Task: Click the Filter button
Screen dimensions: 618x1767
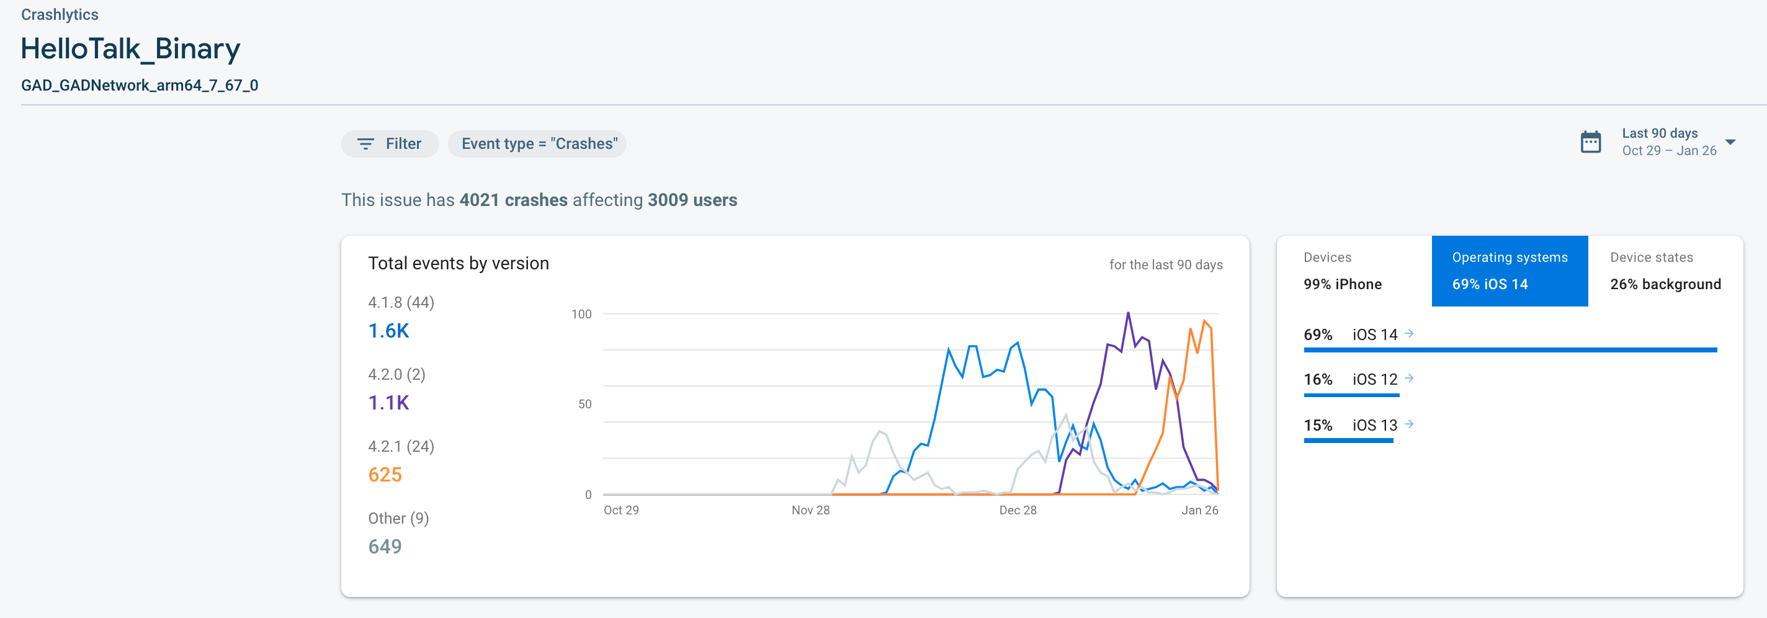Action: point(390,144)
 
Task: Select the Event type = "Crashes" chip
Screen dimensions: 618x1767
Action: point(539,144)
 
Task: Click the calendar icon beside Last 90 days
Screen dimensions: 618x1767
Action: point(1591,142)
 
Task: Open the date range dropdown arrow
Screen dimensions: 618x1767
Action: point(1730,142)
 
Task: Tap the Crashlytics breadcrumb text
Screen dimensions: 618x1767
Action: point(60,14)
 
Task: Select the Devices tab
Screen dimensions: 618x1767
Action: point(1353,271)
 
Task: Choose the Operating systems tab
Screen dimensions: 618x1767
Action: point(1509,271)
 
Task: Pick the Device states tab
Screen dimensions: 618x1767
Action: point(1665,271)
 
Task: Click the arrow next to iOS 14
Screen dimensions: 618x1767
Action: point(1409,334)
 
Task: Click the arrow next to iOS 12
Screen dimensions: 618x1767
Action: point(1409,378)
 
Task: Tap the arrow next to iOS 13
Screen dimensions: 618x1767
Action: point(1409,424)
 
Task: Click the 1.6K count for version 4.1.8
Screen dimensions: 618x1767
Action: point(388,331)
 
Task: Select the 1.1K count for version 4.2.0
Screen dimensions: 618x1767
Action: point(388,403)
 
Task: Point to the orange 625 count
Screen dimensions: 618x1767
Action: point(385,475)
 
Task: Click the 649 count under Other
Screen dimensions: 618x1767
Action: point(385,547)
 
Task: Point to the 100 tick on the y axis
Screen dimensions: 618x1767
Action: point(581,314)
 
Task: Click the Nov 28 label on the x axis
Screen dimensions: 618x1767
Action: point(810,510)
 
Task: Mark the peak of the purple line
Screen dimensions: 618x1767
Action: point(1128,313)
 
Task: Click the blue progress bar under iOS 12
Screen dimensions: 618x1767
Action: point(1351,395)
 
